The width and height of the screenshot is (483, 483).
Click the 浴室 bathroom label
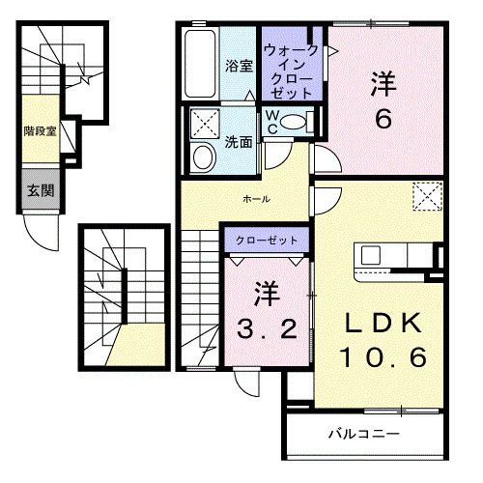[239, 67]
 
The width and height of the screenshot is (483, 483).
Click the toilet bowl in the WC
[299, 123]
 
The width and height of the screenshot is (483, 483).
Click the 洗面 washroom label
[240, 141]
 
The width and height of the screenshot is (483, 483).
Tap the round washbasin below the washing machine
[204, 156]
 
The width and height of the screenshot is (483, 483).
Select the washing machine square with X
[204, 124]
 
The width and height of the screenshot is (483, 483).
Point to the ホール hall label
[256, 199]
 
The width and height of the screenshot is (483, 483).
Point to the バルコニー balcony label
[363, 434]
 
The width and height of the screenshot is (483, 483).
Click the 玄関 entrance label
[40, 190]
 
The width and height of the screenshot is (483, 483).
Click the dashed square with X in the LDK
[425, 195]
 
